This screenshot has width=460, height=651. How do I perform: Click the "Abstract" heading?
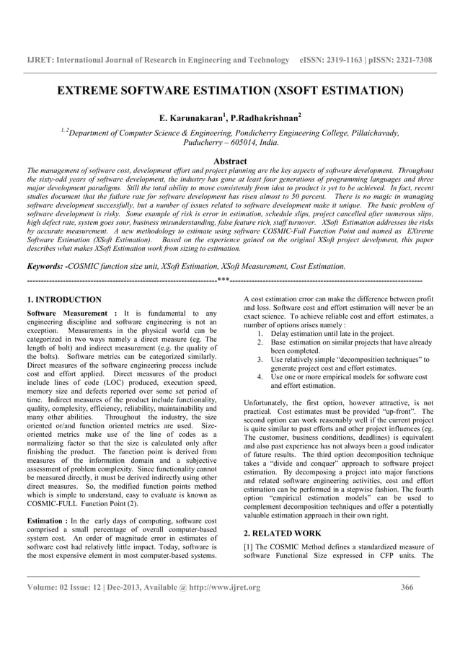pos(230,161)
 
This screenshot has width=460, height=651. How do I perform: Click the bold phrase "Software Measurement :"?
pos(71,314)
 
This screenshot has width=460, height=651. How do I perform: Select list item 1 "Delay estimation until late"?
pos(332,334)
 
